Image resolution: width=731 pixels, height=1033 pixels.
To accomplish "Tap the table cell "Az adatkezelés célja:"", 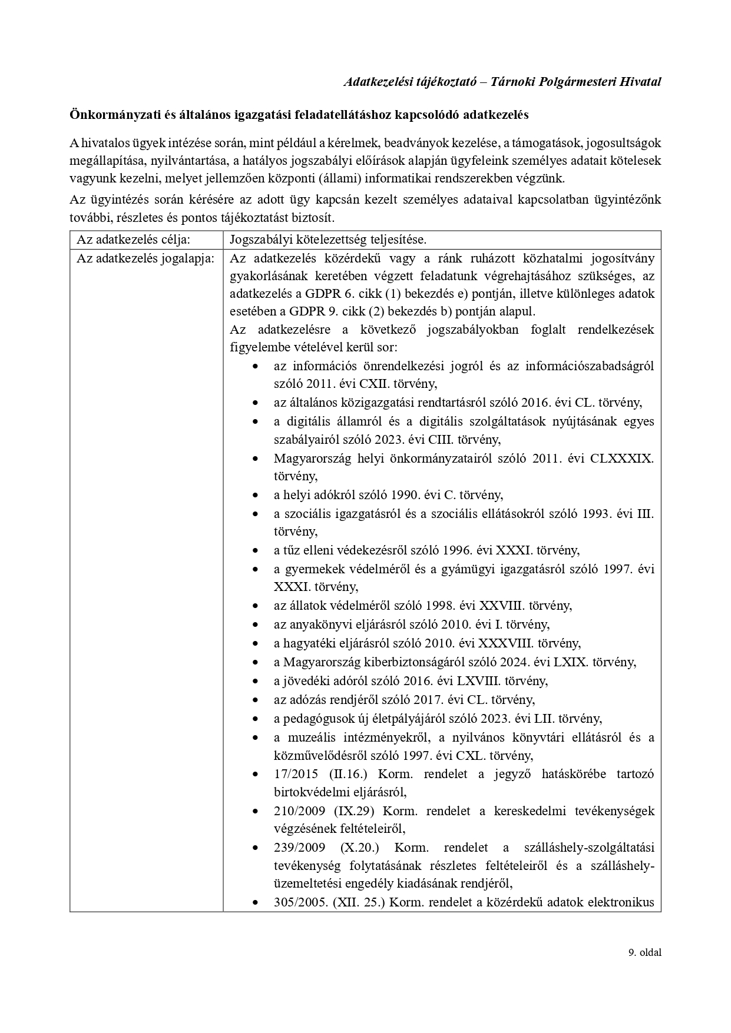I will click(x=134, y=240).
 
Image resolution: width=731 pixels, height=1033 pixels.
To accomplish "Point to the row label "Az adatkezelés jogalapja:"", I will click(x=145, y=258).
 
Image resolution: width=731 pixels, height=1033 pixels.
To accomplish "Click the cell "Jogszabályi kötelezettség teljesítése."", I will click(x=328, y=240).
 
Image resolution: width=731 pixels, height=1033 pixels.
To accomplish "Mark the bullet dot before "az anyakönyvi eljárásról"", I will click(x=255, y=625).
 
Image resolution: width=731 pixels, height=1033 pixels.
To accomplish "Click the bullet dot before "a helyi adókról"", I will click(x=255, y=496).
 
